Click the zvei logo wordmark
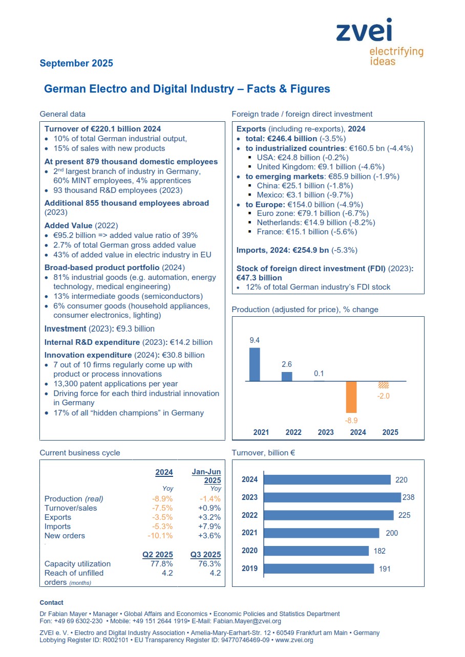click(364, 31)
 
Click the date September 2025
click(76, 63)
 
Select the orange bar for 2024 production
click(351, 397)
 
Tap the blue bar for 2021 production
click(255, 364)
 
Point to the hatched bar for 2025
click(383, 385)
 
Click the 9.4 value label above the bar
click(255, 340)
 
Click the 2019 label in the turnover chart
click(249, 568)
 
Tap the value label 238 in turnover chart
click(408, 497)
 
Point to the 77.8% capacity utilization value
click(162, 564)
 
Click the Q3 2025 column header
click(206, 555)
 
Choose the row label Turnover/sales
click(71, 508)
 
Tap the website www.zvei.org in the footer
click(297, 640)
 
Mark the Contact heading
click(52, 603)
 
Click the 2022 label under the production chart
click(293, 432)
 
